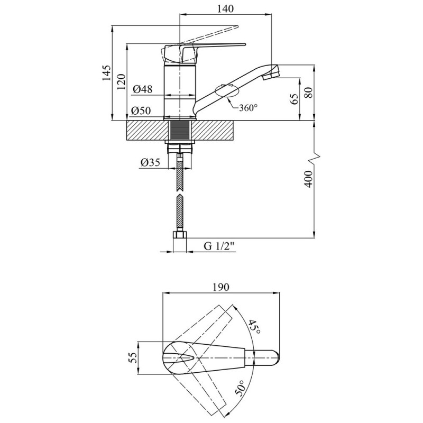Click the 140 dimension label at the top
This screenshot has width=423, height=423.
point(226,8)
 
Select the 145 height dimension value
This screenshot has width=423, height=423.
point(106,72)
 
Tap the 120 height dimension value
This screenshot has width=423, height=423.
point(122,81)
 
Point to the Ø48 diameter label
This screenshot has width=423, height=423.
point(142,89)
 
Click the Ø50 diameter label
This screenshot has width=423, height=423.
point(141,111)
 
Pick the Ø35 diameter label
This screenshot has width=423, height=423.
point(150,162)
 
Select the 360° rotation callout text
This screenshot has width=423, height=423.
point(248,108)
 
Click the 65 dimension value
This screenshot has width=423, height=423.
point(295,98)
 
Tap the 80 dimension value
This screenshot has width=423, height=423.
point(309,93)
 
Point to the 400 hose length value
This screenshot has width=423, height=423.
point(309,179)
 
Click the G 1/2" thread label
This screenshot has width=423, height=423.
point(219,246)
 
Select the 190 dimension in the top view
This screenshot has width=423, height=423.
point(220,287)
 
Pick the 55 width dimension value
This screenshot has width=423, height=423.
point(134,358)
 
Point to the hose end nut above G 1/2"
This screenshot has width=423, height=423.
point(180,234)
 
